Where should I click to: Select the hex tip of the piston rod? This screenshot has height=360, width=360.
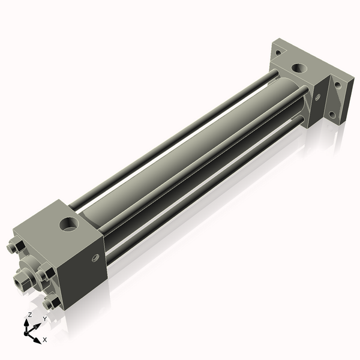(22, 277)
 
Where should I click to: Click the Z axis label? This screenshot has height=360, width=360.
(29, 315)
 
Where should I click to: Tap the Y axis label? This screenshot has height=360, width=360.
(44, 319)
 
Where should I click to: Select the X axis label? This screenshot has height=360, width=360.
(45, 340)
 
